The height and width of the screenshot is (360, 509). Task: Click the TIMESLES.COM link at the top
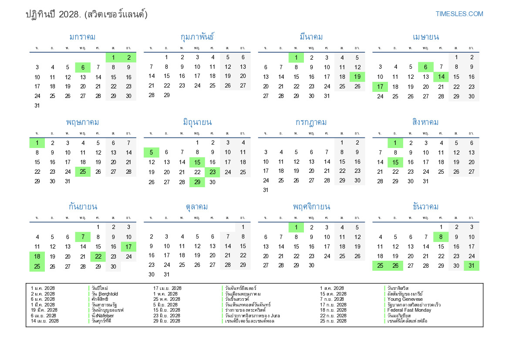pos(459,14)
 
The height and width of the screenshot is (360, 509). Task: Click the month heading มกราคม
pos(82,37)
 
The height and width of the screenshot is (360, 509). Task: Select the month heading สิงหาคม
pos(425,122)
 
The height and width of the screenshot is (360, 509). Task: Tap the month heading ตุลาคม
pos(197,206)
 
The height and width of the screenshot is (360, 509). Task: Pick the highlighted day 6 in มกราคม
pos(83,67)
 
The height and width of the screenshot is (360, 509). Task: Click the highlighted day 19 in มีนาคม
pos(357,77)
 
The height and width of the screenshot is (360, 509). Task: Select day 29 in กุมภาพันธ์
pos(166,95)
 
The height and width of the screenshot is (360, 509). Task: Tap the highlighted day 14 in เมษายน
pos(441,77)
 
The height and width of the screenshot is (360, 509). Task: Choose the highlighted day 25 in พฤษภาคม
pos(83,172)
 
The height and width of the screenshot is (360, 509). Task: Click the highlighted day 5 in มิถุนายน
pos(151,152)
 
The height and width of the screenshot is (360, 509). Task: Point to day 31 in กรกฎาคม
pos(266,190)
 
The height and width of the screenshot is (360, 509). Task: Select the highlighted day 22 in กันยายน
pos(98,256)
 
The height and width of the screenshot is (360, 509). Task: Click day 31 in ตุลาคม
pos(166,275)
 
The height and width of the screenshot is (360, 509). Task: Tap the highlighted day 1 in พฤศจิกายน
pos(296,227)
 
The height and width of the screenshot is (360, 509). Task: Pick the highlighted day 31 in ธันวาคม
pos(471,266)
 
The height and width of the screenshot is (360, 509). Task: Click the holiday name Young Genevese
pos(405,299)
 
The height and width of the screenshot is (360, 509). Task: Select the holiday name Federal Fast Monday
pos(409,310)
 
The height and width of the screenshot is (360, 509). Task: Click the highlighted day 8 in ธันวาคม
pos(441,237)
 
